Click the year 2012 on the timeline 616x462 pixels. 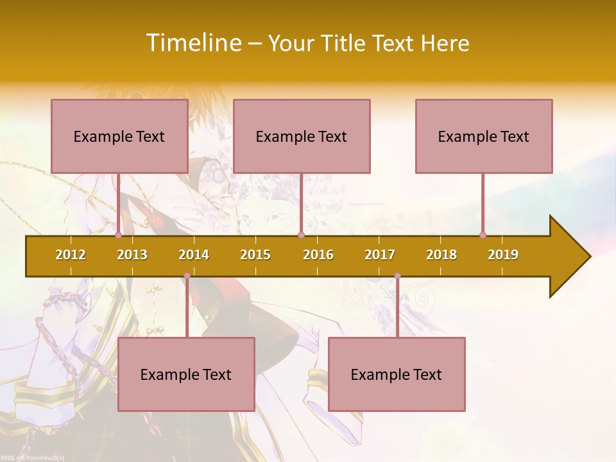point(71,255)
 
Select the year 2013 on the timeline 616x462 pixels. point(132,255)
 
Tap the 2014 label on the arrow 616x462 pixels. point(194,255)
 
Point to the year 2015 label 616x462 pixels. point(255,255)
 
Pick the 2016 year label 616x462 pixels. point(318,255)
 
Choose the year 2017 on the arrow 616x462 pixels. point(380,255)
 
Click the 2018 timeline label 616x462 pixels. point(441,255)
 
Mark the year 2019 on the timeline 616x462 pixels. point(503,255)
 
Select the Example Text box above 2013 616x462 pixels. point(119,136)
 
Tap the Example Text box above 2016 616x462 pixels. point(302,136)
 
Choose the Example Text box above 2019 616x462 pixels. point(484,136)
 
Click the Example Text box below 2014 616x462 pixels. point(186,374)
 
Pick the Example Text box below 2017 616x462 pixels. point(397,374)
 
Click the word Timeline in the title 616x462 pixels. point(193,43)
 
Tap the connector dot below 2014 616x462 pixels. point(187,276)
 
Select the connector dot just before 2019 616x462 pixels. point(483,235)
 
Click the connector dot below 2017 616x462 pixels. point(397,276)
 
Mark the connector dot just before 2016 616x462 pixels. point(301,235)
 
